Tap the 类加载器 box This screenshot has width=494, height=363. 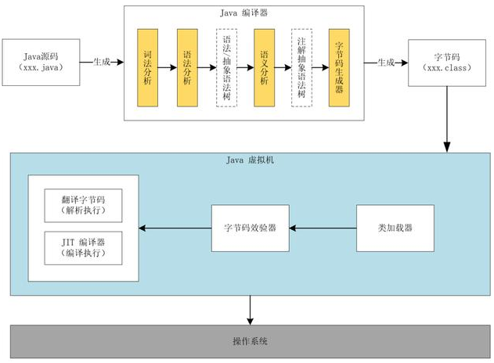click(395, 228)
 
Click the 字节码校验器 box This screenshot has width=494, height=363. click(250, 228)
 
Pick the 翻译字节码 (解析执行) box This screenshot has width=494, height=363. click(81, 204)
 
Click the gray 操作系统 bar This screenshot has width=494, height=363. click(250, 342)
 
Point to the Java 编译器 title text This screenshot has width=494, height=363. click(243, 14)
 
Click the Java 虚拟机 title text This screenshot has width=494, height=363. click(250, 160)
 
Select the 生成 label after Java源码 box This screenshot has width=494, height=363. click(103, 62)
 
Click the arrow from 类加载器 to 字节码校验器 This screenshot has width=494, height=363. click(322, 228)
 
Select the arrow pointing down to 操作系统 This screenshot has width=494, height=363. click(250, 310)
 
